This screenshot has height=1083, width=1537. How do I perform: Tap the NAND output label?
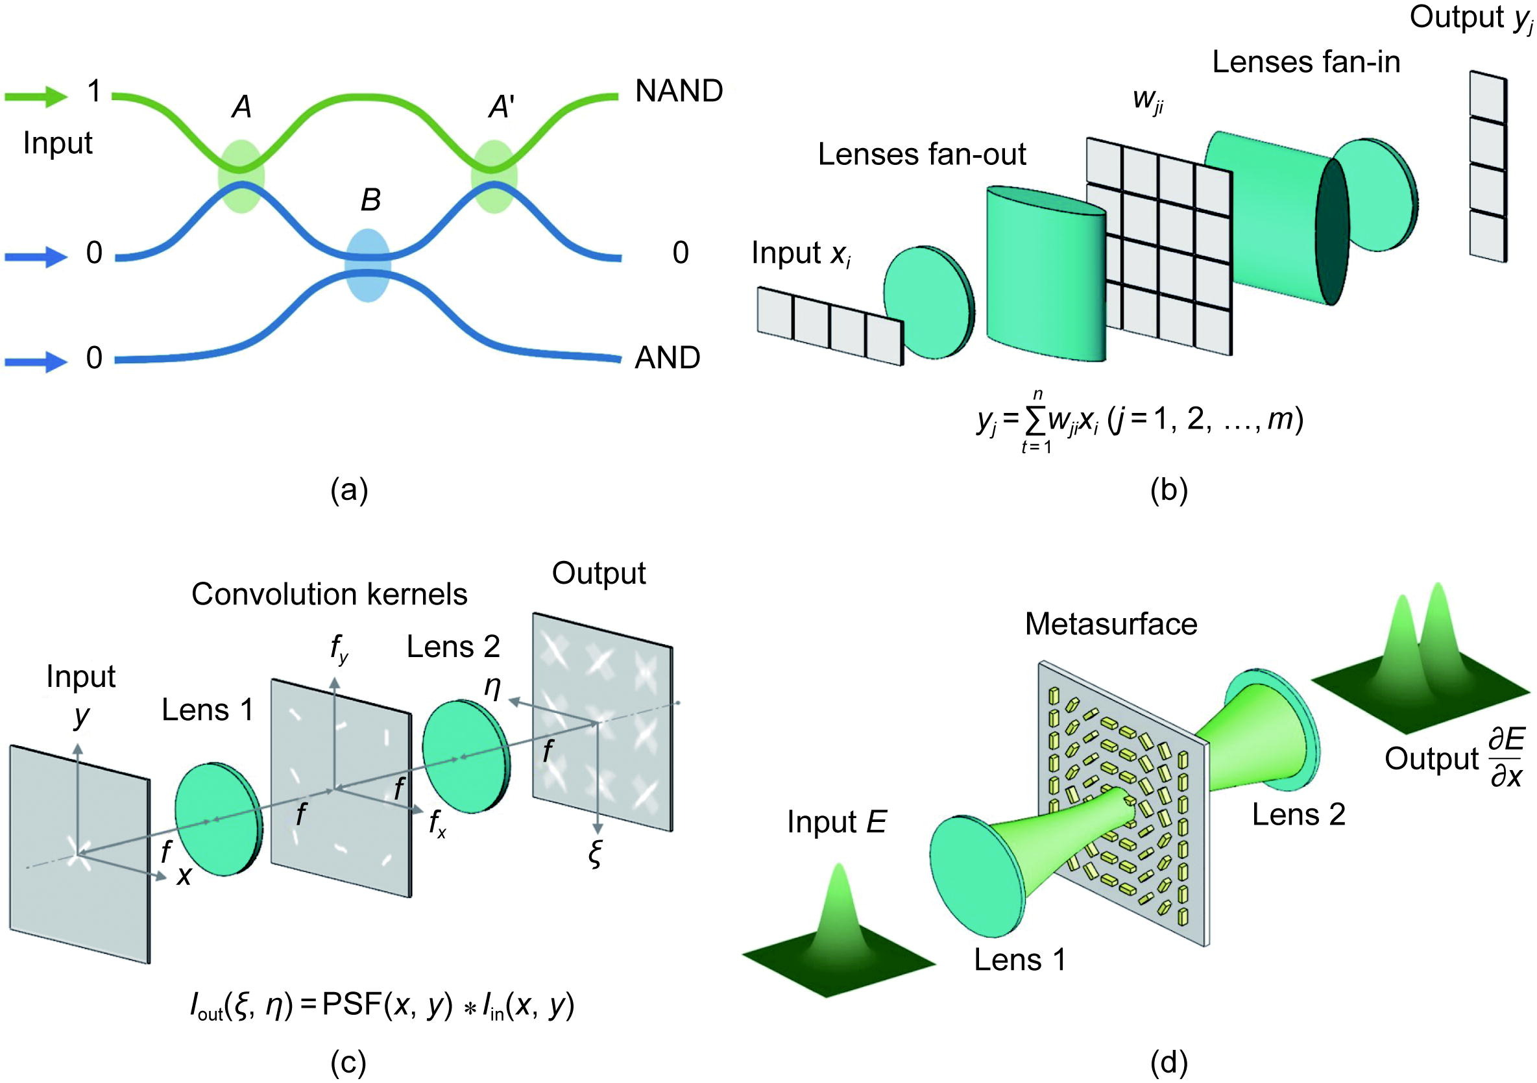[678, 91]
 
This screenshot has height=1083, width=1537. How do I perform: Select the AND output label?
[667, 358]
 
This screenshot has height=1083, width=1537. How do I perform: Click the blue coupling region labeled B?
[367, 265]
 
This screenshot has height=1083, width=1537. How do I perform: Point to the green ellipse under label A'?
[494, 177]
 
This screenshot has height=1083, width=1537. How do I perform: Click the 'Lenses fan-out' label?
[921, 155]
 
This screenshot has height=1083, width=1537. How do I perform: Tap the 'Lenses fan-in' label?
[1305, 62]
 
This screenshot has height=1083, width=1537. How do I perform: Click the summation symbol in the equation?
[1036, 421]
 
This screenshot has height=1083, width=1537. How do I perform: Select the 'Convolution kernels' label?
[329, 594]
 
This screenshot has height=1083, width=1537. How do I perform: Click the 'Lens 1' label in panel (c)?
[208, 710]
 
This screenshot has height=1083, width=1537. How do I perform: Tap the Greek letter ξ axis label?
[594, 854]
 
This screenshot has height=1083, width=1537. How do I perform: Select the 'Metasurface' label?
[1111, 624]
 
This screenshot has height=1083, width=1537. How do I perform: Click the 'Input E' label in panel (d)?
[836, 822]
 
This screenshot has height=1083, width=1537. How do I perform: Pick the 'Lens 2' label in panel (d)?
[1298, 814]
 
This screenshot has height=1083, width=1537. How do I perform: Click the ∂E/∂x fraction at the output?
[1506, 759]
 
